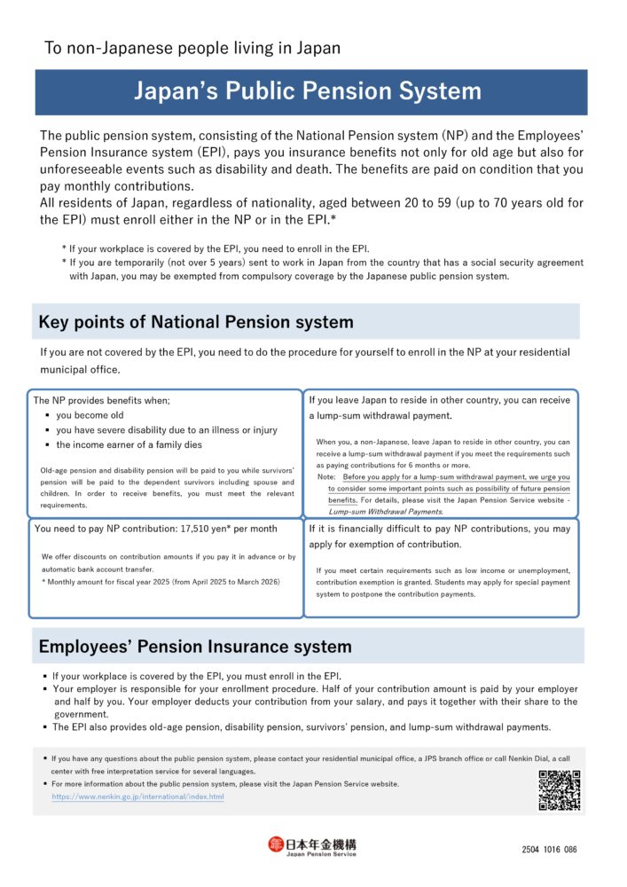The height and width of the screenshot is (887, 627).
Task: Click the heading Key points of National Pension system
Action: (195, 322)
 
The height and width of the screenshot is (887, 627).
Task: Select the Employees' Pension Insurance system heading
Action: (194, 647)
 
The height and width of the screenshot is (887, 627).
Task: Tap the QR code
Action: (559, 790)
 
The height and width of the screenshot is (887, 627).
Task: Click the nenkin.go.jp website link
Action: (137, 797)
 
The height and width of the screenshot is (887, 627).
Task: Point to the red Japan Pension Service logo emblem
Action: (276, 845)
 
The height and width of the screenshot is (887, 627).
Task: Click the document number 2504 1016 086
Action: (549, 849)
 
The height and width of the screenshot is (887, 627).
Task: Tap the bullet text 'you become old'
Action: (90, 415)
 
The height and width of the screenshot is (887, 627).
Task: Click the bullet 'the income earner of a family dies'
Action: (129, 444)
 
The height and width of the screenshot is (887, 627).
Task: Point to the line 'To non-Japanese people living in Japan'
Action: (192, 48)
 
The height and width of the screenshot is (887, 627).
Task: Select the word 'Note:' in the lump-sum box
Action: (325, 476)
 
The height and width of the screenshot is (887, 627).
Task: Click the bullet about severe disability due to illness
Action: (166, 430)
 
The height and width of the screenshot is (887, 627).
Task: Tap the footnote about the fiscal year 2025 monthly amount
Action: (161, 581)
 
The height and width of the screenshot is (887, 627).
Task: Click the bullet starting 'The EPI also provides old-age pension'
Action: (301, 726)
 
